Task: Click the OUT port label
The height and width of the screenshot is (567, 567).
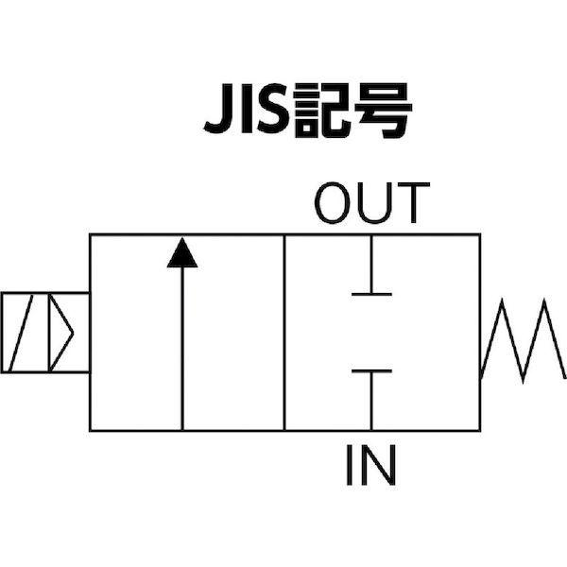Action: click(x=372, y=203)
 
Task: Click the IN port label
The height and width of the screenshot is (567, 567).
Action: click(x=371, y=465)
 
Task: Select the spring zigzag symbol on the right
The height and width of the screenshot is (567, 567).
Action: click(x=523, y=340)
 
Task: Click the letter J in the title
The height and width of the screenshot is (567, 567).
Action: click(x=218, y=109)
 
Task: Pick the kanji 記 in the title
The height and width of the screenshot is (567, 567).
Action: click(x=322, y=111)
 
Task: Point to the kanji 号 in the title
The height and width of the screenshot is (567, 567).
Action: click(x=383, y=111)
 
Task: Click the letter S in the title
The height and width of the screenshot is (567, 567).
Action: click(x=273, y=109)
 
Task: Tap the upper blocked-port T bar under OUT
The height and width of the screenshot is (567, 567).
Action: click(x=371, y=265)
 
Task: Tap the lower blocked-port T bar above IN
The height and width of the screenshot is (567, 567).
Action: click(x=371, y=400)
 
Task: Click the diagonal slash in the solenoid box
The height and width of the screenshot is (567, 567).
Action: click(x=21, y=333)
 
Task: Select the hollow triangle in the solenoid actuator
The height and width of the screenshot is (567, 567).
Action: click(x=61, y=333)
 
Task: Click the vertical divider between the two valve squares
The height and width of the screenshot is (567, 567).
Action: click(x=284, y=333)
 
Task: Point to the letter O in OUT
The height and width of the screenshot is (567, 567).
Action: click(x=333, y=203)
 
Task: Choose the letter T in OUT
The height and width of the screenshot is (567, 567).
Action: click(x=414, y=203)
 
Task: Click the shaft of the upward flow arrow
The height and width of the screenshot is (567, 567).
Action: click(x=182, y=349)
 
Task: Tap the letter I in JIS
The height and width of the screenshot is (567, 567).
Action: click(x=247, y=109)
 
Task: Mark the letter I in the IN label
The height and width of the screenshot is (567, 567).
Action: click(x=350, y=465)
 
